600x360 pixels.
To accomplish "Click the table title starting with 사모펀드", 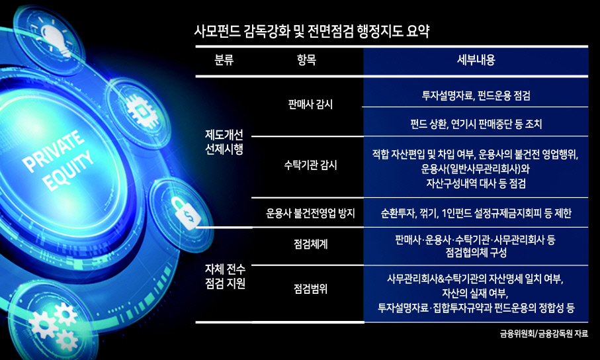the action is tap(312, 31).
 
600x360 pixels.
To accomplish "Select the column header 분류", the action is tap(224, 60).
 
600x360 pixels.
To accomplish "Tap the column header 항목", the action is tap(306, 60).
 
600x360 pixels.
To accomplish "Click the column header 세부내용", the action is tap(476, 60).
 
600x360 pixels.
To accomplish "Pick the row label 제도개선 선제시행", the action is tap(224, 142).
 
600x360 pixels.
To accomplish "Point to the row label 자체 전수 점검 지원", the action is tap(225, 277).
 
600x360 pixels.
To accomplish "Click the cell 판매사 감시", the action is tap(310, 104).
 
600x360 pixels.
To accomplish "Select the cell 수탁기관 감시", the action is tap(310, 165).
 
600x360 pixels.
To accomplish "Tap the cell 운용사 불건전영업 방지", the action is tap(310, 213).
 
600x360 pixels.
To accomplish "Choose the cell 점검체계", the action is tap(310, 244).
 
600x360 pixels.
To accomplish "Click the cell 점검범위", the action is tap(310, 289).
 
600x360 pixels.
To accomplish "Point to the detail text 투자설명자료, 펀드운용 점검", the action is tap(476, 95).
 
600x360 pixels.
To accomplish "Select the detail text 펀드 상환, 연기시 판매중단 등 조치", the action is tap(476, 124).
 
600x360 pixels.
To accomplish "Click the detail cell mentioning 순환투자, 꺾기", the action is tap(476, 213).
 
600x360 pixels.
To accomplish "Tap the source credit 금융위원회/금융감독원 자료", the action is tap(544, 334).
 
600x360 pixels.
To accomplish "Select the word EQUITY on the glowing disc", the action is tap(69, 171).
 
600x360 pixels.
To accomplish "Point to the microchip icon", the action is tap(141, 112).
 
